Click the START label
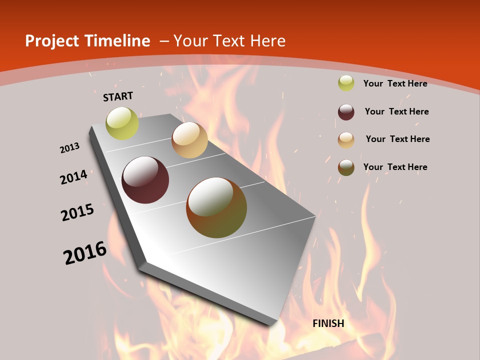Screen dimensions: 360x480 tap(118, 96)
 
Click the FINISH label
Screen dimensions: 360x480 tap(328, 323)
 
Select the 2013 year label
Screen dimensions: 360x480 tap(70, 148)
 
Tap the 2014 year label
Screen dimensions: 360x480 tap(74, 177)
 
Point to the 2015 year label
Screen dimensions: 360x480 tap(77, 212)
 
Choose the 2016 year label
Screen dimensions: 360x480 tap(85, 253)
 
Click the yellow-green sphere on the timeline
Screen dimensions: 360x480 tap(122, 123)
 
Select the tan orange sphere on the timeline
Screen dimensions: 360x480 tap(189, 140)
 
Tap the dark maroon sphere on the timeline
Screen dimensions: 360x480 tap(145, 180)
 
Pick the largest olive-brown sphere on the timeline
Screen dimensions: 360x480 tap(216, 207)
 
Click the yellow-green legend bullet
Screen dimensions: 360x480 tap(346, 83)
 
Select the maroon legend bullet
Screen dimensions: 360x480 tap(346, 112)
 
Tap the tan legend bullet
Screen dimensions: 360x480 tap(346, 139)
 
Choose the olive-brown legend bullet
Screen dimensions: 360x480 tap(346, 167)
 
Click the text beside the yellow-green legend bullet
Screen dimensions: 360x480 tap(395, 83)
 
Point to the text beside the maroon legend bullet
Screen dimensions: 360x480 tap(396, 111)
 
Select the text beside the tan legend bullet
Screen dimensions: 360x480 tap(397, 139)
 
